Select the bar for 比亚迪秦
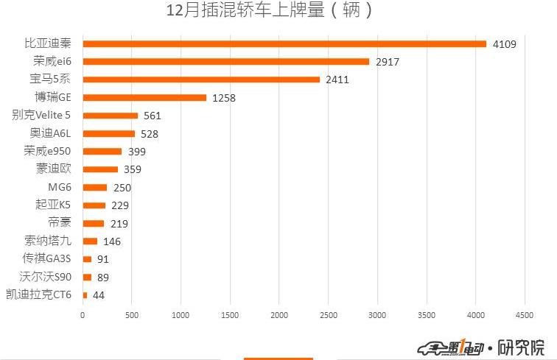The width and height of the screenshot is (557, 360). [284, 43]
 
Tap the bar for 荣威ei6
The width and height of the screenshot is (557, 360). [225, 62]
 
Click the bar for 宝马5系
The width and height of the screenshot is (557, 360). [201, 80]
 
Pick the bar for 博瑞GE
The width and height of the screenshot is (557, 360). [144, 97]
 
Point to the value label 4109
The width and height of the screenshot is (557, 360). [505, 44]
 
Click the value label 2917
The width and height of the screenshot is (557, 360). [387, 62]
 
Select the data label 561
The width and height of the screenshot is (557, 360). [152, 116]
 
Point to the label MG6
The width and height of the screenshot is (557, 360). [60, 187]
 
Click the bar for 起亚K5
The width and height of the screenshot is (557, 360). [94, 205]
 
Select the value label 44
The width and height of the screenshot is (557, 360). [99, 295]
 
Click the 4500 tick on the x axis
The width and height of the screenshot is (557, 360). [524, 315]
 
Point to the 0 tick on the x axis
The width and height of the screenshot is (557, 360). [83, 315]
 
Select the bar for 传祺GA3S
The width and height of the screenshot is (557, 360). [87, 259]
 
